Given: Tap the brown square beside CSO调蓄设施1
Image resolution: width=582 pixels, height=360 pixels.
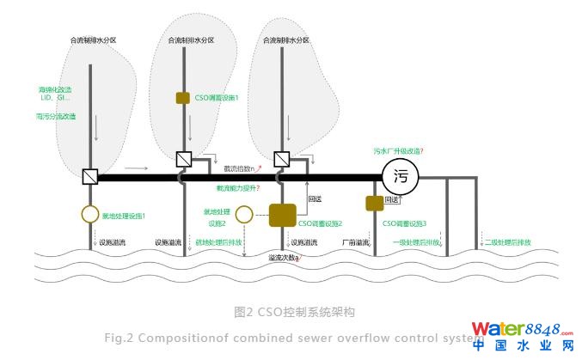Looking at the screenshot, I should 182,97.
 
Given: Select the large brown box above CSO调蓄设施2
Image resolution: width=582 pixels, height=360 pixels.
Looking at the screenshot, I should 282,214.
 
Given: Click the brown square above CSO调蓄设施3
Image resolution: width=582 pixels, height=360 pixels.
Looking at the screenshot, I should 374,203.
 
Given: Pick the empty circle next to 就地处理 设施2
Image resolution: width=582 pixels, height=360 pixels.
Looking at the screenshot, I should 243,214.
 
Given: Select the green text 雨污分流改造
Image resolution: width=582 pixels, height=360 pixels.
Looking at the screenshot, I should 56,115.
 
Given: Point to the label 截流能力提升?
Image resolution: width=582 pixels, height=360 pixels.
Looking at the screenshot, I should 238,187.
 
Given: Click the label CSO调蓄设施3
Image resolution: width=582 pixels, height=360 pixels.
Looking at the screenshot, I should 404,223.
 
